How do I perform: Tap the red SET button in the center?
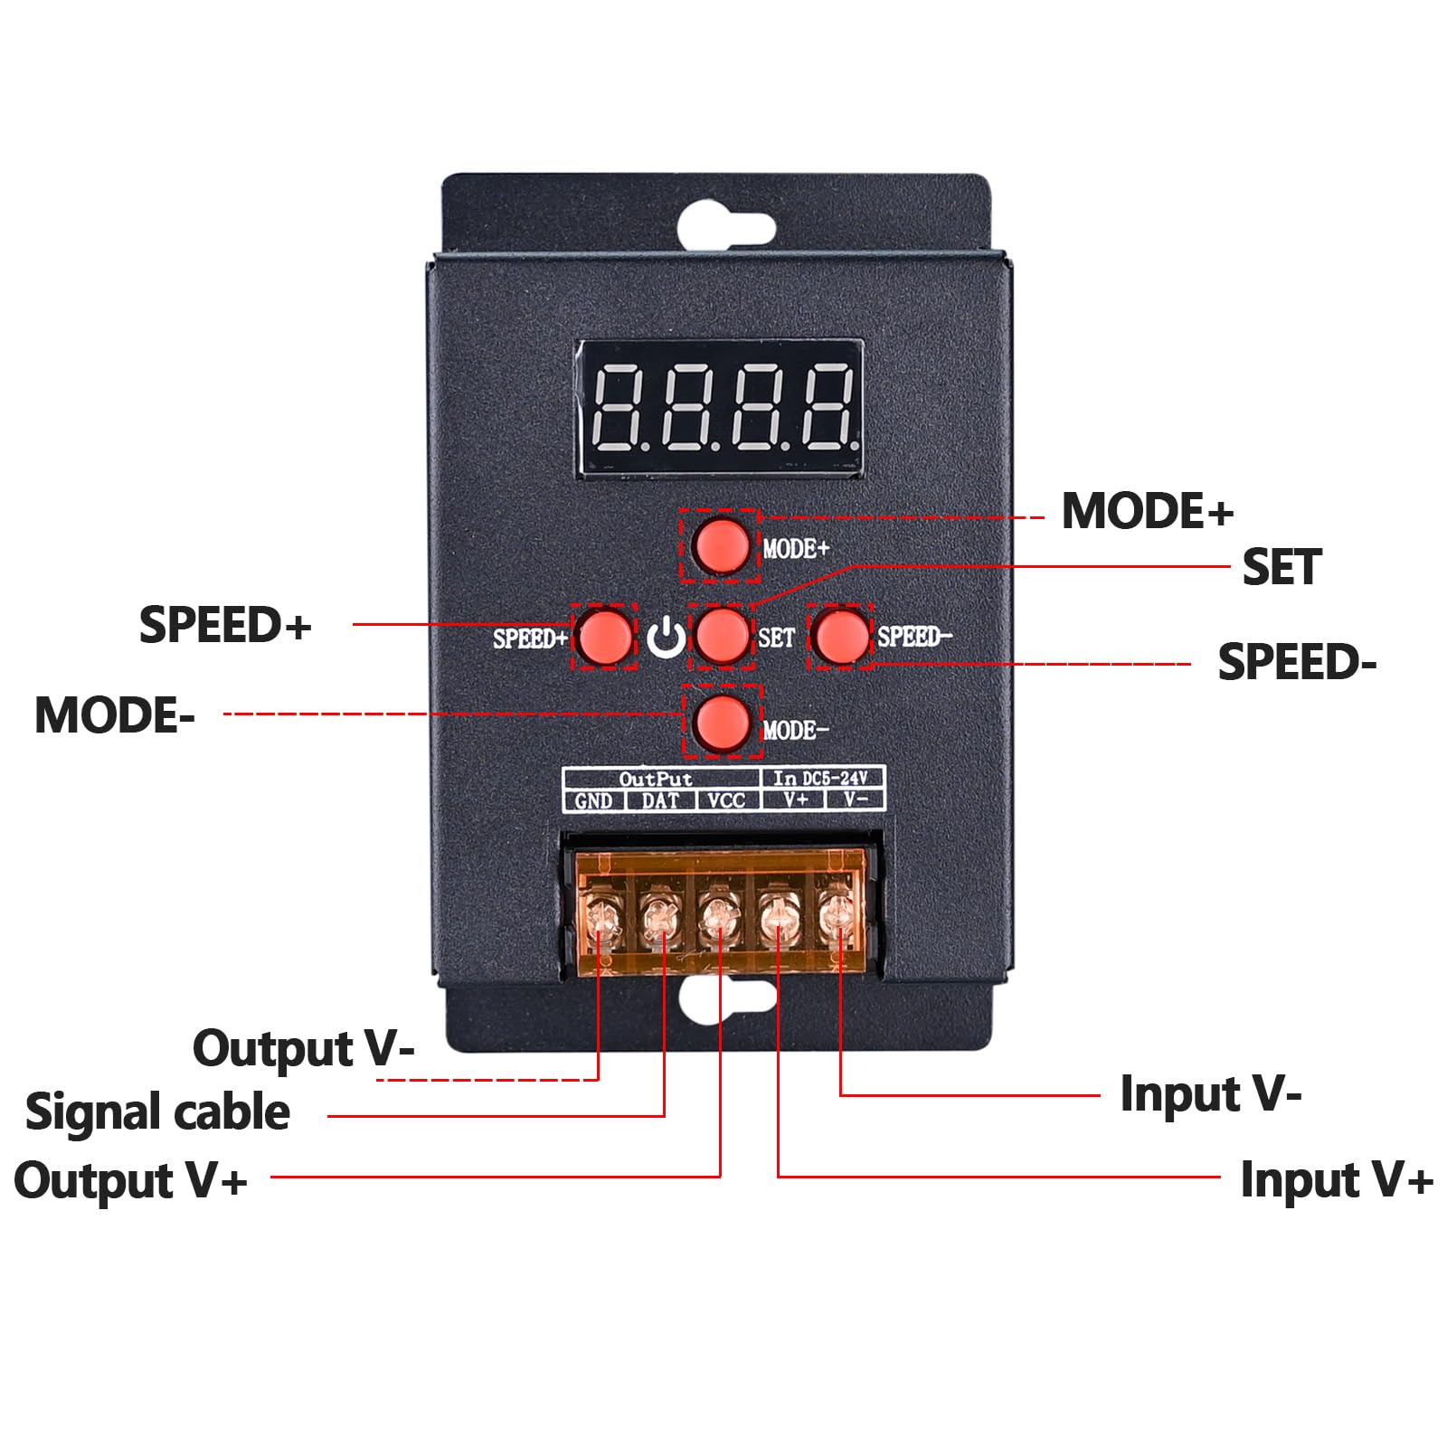click(721, 636)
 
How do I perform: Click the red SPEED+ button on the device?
click(604, 636)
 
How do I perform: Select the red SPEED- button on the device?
click(840, 636)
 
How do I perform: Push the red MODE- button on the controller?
click(721, 721)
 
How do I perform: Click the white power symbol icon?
click(666, 638)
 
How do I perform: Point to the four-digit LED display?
click(720, 408)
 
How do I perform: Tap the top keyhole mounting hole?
click(725, 227)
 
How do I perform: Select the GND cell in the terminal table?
click(594, 800)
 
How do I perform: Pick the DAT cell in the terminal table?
click(660, 800)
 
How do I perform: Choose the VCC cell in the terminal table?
click(727, 800)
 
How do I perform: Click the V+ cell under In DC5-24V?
click(795, 799)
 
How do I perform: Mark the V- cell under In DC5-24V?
click(855, 799)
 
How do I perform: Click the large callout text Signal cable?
click(157, 1112)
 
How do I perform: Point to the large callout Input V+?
click(1337, 1179)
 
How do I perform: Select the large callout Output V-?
click(303, 1049)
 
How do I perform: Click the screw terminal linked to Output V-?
click(600, 920)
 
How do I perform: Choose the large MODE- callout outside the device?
click(114, 715)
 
